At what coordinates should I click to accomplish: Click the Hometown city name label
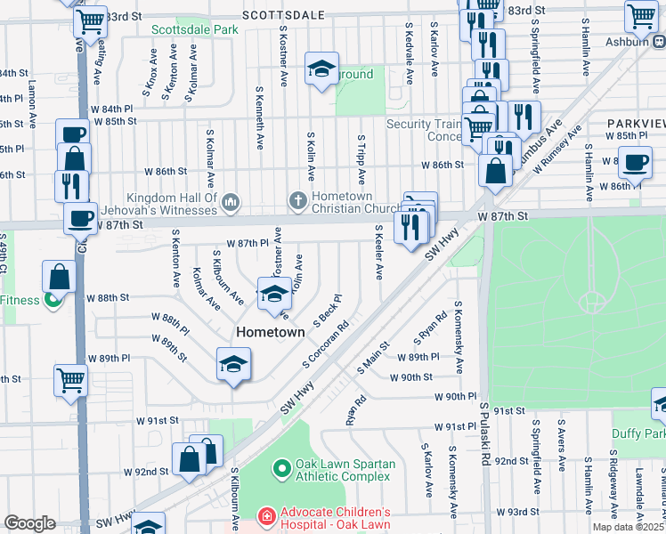272,332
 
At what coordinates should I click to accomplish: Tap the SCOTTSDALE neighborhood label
282,15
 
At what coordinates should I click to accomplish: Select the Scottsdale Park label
194,29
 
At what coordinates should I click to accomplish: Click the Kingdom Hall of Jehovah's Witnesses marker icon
231,203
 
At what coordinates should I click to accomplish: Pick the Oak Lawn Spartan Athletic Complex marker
281,466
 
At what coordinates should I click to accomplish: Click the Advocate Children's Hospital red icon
265,516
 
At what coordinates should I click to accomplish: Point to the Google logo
29,523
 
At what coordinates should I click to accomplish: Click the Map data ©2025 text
629,527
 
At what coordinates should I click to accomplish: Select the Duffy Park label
638,433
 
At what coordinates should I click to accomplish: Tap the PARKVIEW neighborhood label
636,122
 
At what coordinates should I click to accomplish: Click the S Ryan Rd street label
430,328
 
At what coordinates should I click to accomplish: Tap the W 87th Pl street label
248,243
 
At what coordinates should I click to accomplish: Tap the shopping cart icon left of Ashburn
641,15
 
